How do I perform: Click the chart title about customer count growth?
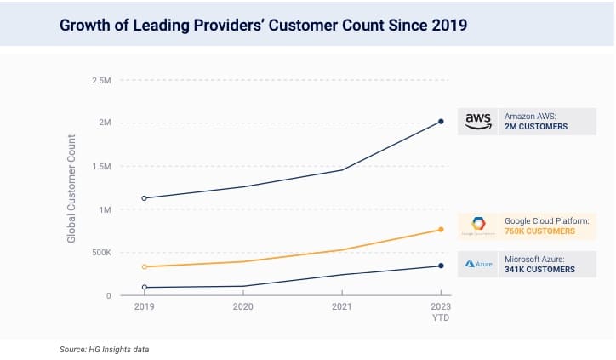pyautogui.click(x=263, y=24)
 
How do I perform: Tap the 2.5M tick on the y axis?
pyautogui.click(x=100, y=81)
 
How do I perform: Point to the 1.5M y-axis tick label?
pyautogui.click(x=100, y=167)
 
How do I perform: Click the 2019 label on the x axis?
pyautogui.click(x=144, y=306)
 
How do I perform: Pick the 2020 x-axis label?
pyautogui.click(x=243, y=306)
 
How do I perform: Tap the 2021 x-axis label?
pyautogui.click(x=342, y=306)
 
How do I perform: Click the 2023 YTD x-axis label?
pyautogui.click(x=441, y=311)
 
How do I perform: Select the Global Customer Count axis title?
pyautogui.click(x=72, y=188)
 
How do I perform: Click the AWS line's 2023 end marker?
pyautogui.click(x=441, y=122)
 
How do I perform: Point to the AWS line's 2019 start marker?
pyautogui.click(x=144, y=198)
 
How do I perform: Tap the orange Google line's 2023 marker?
pyautogui.click(x=441, y=230)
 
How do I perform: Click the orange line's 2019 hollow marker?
pyautogui.click(x=144, y=267)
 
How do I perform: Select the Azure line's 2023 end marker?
pyautogui.click(x=441, y=266)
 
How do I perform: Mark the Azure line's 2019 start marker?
pyautogui.click(x=144, y=288)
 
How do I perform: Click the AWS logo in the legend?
pyautogui.click(x=479, y=122)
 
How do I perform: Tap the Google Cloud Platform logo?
pyautogui.click(x=478, y=226)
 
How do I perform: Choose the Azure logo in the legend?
pyautogui.click(x=478, y=264)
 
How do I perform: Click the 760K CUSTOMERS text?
pyautogui.click(x=539, y=231)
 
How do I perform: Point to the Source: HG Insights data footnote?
pyautogui.click(x=105, y=350)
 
